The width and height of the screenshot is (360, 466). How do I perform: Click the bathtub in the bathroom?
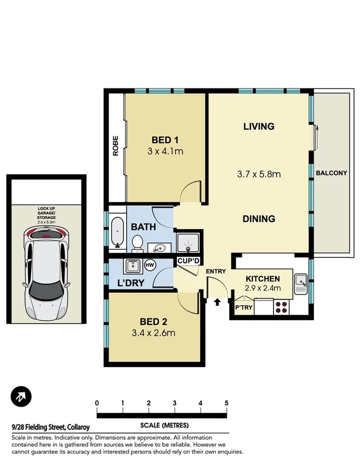(x=117, y=233)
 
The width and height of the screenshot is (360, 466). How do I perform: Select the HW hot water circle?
(x=149, y=264)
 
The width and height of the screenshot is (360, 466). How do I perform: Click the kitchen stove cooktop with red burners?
(x=281, y=307)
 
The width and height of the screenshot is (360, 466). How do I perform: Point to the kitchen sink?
(x=301, y=284)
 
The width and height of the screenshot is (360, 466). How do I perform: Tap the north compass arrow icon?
(x=21, y=397)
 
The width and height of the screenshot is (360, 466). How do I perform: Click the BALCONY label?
(x=331, y=173)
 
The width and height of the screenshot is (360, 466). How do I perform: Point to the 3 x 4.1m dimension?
(x=165, y=150)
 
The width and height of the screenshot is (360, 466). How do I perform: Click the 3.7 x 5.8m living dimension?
(x=258, y=174)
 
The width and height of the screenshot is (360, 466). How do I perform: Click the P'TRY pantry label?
(x=243, y=308)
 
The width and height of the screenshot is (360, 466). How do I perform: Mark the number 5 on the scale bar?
(x=227, y=403)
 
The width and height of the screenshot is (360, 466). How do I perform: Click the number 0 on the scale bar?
(x=97, y=403)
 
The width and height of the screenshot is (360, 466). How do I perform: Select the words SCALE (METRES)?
(x=162, y=423)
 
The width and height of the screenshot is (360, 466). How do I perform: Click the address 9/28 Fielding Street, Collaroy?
(x=50, y=427)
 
